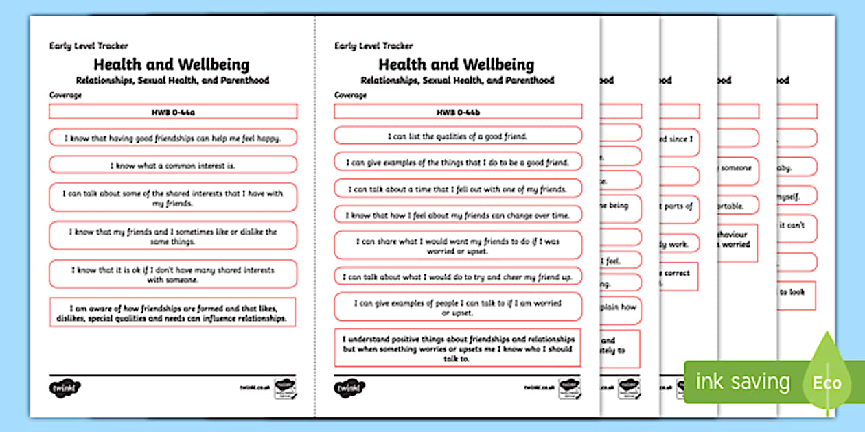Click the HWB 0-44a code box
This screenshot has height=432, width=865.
coord(173,111)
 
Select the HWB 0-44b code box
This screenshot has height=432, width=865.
coord(458,111)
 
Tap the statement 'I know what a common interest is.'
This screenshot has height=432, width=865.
coord(173,165)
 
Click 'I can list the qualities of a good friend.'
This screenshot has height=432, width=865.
coord(458,136)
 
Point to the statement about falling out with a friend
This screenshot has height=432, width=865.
coord(458,189)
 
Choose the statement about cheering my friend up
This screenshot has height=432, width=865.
coord(458,277)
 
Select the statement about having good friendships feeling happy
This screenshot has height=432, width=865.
coord(173,138)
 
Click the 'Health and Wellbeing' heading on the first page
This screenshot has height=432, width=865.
coord(171,64)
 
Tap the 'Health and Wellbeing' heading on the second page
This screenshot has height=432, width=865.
coord(457,64)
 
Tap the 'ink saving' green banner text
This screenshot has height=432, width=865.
coord(743,382)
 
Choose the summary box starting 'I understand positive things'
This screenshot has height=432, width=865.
coord(458,348)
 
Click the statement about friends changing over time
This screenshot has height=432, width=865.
coord(458,215)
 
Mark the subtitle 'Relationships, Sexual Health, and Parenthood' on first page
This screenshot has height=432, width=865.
coord(172,80)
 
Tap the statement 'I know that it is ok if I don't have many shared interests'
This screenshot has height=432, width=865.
coord(173,274)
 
